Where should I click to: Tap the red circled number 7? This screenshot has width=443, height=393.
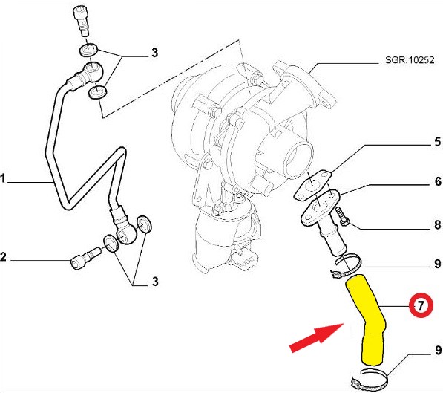[421, 305]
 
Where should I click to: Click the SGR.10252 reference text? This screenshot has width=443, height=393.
[410, 60]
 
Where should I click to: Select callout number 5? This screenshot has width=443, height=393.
[438, 142]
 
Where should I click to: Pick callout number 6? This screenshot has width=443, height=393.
[438, 181]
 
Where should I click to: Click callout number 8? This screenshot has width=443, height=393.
[438, 225]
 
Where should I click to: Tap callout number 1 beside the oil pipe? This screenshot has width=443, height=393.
[2, 179]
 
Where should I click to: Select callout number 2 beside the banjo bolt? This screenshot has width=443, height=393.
[3, 257]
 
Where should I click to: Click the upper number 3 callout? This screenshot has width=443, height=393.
[155, 53]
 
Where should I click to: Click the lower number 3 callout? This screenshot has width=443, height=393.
[155, 282]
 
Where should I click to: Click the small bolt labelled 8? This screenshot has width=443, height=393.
[342, 216]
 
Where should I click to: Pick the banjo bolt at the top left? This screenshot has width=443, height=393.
[82, 21]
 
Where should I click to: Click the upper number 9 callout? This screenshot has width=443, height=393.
[438, 264]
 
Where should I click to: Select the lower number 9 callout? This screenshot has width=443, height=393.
[438, 350]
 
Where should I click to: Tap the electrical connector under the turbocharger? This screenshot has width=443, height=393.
[245, 259]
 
